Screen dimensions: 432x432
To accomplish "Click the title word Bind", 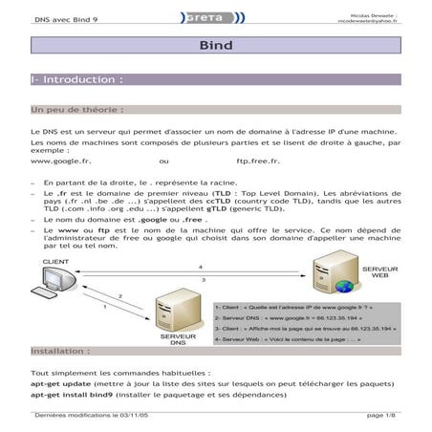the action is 216,45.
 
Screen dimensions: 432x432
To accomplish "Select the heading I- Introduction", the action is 77,80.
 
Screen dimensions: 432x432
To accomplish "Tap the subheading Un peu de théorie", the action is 76,109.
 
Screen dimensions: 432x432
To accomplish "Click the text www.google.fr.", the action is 61,162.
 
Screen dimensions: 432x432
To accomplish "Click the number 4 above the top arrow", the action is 200,266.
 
